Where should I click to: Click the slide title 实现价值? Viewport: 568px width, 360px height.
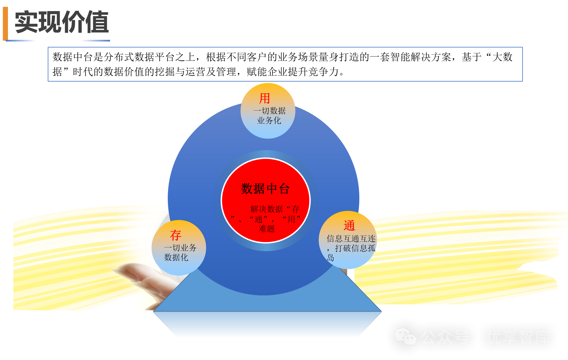62,22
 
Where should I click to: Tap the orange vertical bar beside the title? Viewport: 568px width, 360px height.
5,23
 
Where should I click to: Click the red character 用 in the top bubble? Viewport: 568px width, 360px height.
264,99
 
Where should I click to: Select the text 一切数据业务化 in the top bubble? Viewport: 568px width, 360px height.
269,116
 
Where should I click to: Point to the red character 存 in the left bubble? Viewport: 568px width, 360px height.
175,235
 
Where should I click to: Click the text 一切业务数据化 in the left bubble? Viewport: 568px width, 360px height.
180,253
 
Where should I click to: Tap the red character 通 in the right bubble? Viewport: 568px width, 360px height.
349,226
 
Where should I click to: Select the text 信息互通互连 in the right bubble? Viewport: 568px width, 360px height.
351,239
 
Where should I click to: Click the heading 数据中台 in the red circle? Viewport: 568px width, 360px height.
265,189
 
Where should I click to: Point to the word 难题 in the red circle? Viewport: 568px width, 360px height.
267,229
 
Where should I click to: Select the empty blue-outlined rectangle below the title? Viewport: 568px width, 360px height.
285,64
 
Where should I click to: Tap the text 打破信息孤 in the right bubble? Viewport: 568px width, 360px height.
355,248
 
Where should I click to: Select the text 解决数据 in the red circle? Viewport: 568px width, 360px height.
266,209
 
